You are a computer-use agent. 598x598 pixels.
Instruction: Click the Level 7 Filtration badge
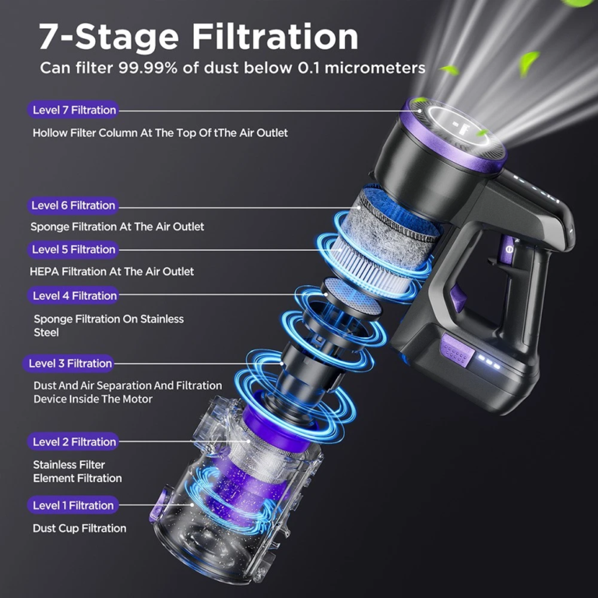point(73,110)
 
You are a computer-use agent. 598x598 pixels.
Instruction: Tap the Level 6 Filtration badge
point(73,206)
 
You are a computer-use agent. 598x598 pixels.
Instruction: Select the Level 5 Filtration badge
point(73,249)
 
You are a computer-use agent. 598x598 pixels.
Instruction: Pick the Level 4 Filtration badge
point(73,296)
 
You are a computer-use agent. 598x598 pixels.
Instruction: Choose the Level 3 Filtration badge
point(69,364)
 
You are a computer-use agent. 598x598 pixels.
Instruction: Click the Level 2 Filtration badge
point(73,441)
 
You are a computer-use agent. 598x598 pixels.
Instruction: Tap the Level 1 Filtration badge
point(73,505)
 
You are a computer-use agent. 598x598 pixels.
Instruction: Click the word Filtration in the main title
point(275,37)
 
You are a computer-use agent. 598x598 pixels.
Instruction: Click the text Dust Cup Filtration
point(79,528)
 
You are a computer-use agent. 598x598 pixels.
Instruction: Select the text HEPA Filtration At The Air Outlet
point(112,272)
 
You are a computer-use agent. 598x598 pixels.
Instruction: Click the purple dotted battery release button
point(457,351)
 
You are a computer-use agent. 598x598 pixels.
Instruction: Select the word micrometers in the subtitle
point(375,68)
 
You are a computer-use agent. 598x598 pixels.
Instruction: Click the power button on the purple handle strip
point(508,249)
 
